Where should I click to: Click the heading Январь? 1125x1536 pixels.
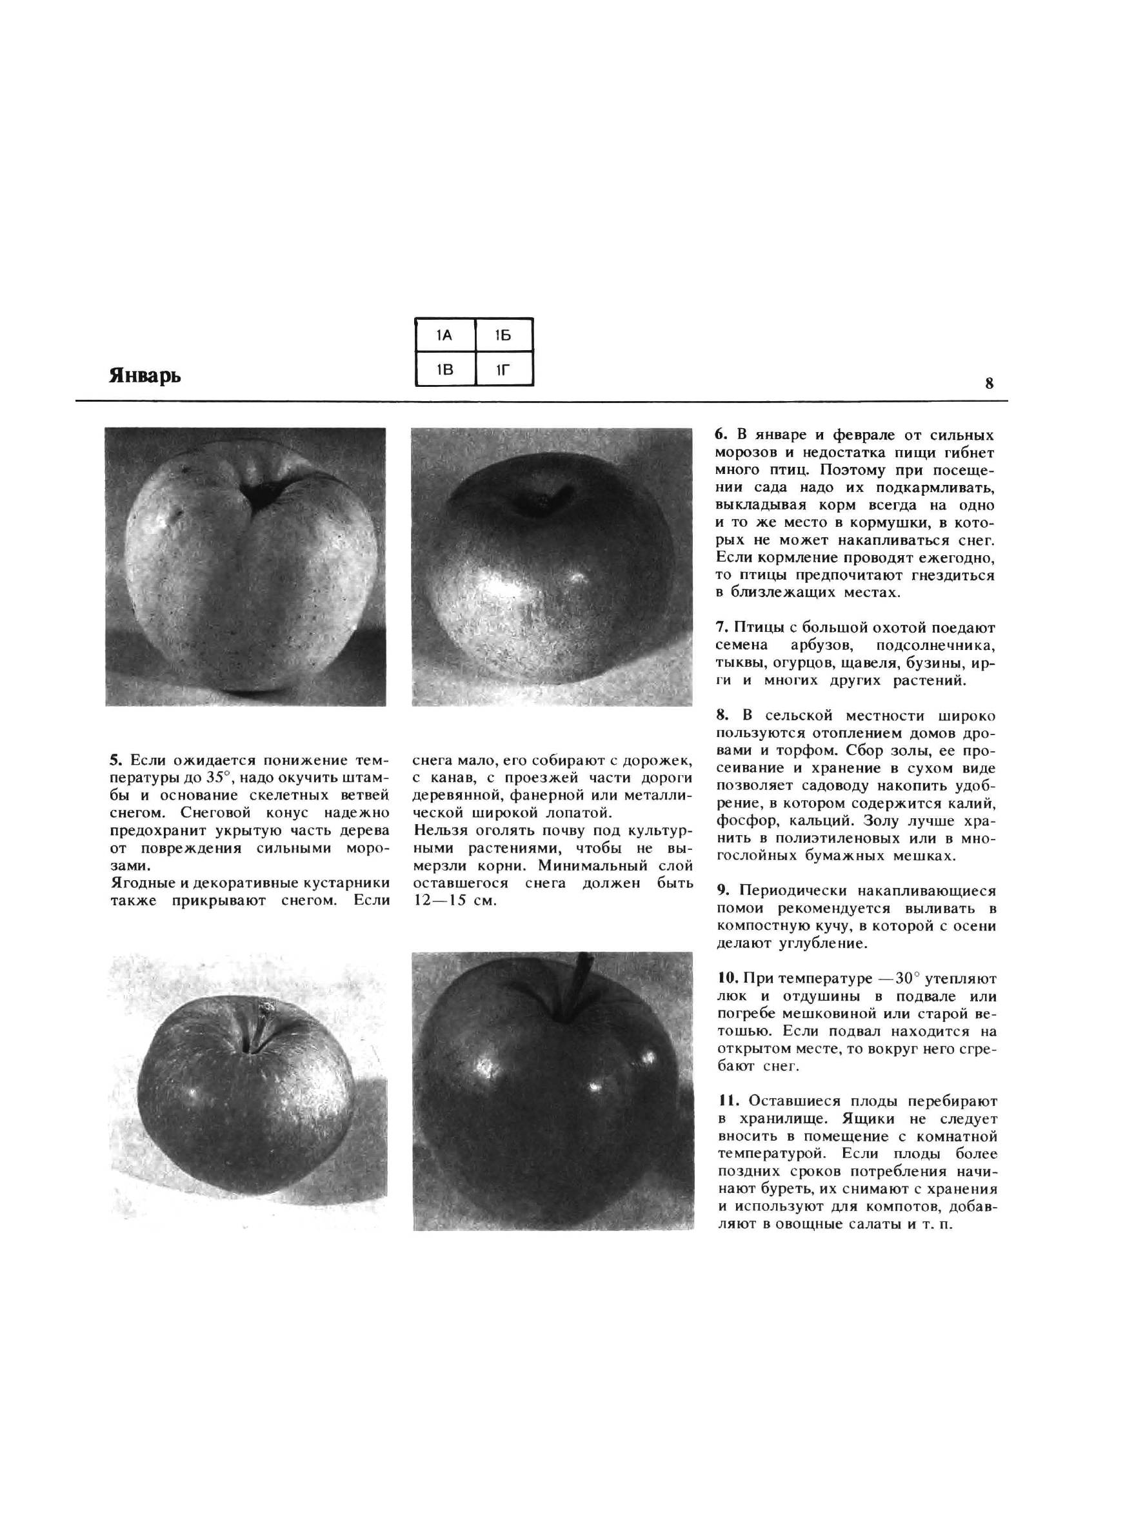point(144,375)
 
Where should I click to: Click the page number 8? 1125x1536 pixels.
point(989,383)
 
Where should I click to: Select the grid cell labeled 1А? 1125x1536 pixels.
point(444,335)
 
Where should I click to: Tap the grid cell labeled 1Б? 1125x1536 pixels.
point(503,335)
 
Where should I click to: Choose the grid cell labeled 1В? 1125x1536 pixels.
point(444,369)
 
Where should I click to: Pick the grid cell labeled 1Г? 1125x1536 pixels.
point(503,369)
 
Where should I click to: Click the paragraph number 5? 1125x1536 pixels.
point(115,760)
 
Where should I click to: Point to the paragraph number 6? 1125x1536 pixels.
point(721,435)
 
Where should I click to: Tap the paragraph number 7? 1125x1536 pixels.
point(721,627)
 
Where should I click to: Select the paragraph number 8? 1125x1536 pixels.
point(721,715)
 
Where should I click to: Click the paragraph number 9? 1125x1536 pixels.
point(722,891)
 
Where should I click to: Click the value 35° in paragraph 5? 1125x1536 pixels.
point(221,777)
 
